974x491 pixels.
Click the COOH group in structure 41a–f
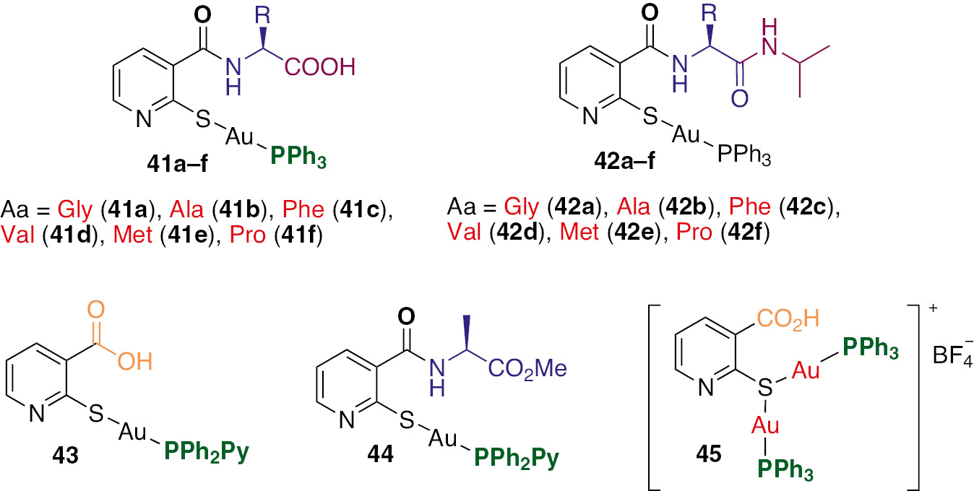[320, 67]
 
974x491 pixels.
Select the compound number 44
[381, 454]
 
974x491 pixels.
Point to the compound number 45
[708, 454]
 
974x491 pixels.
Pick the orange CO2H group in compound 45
[788, 319]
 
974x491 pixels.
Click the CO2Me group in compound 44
[527, 369]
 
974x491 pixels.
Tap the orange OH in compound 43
[135, 362]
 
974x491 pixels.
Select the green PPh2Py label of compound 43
[207, 452]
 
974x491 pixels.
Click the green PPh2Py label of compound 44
[517, 458]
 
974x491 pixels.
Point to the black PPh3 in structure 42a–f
[744, 155]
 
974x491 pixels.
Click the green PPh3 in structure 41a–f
[298, 157]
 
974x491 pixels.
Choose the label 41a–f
[178, 164]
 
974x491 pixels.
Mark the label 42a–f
[624, 161]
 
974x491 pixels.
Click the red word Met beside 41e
[133, 235]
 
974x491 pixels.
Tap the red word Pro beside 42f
[694, 232]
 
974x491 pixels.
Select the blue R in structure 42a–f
[710, 14]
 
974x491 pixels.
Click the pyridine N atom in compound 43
[38, 413]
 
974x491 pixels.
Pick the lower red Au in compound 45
[765, 425]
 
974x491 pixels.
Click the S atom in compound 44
[407, 420]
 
